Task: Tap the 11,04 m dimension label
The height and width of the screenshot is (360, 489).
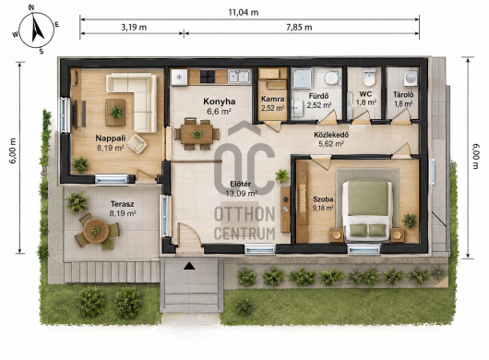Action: (244, 13)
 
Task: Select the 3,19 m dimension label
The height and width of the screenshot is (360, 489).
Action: (134, 27)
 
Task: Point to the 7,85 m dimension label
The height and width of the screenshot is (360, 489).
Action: (299, 27)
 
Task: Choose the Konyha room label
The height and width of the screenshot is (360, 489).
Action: (220, 102)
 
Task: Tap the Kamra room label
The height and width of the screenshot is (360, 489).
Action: (272, 99)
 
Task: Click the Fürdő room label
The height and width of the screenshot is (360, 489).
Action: (318, 96)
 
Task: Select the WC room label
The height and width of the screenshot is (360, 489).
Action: (365, 94)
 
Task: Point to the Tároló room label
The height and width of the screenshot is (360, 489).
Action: (403, 94)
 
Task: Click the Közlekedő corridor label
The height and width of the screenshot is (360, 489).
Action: (331, 135)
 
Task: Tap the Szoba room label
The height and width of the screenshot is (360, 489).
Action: (323, 199)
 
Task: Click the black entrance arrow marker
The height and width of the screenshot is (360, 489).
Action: (189, 266)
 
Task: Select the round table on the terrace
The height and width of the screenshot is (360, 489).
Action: (96, 231)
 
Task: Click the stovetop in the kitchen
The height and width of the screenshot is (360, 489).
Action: (208, 77)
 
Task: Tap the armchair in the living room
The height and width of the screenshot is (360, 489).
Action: (137, 144)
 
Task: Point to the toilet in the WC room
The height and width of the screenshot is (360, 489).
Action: (370, 77)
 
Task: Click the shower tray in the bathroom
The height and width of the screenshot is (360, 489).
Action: (302, 78)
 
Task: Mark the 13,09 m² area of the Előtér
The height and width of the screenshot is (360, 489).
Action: (242, 194)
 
